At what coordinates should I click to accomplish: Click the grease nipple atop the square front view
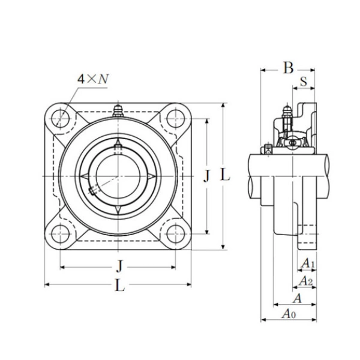point(118,110)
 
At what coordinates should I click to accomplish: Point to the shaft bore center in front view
point(118,175)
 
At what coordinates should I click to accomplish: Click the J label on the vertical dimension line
point(207,175)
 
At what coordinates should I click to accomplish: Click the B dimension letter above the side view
point(288,68)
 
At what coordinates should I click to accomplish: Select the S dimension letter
point(304,82)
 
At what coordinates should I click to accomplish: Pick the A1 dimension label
point(307,263)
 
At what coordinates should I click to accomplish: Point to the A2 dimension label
point(305,281)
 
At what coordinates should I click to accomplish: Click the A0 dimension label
point(289,314)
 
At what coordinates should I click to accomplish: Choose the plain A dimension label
point(296,298)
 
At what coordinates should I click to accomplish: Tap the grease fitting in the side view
point(287,115)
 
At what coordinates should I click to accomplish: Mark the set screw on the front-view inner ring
point(93,190)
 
